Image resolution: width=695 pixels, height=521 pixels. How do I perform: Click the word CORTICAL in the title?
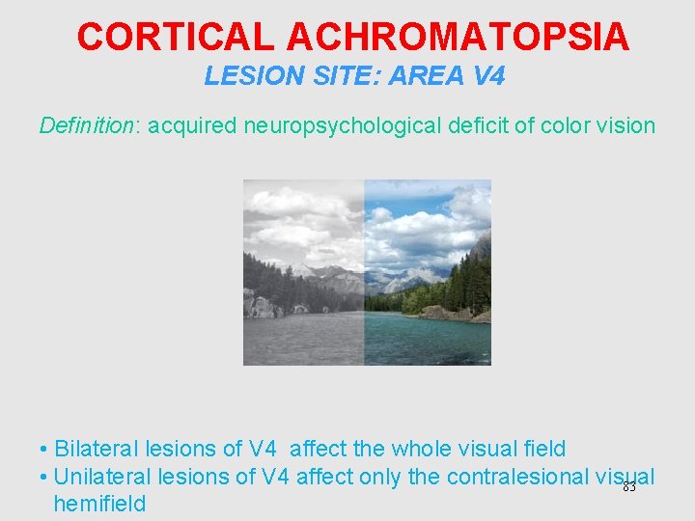(177, 38)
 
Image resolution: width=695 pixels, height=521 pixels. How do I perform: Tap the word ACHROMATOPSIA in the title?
(458, 38)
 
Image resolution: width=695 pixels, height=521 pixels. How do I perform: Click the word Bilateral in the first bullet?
(97, 449)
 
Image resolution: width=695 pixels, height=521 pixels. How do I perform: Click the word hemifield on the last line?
(99, 504)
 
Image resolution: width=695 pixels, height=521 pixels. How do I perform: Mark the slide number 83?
(629, 487)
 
